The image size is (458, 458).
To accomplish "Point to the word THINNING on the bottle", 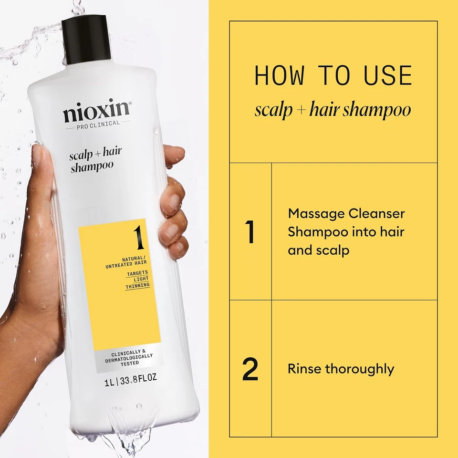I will pyautogui.click(x=137, y=285).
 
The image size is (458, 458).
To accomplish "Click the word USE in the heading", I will pyautogui.click(x=388, y=76).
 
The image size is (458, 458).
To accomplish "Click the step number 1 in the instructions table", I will pyautogui.click(x=250, y=231).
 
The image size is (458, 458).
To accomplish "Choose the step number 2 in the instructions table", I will pyautogui.click(x=250, y=369).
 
